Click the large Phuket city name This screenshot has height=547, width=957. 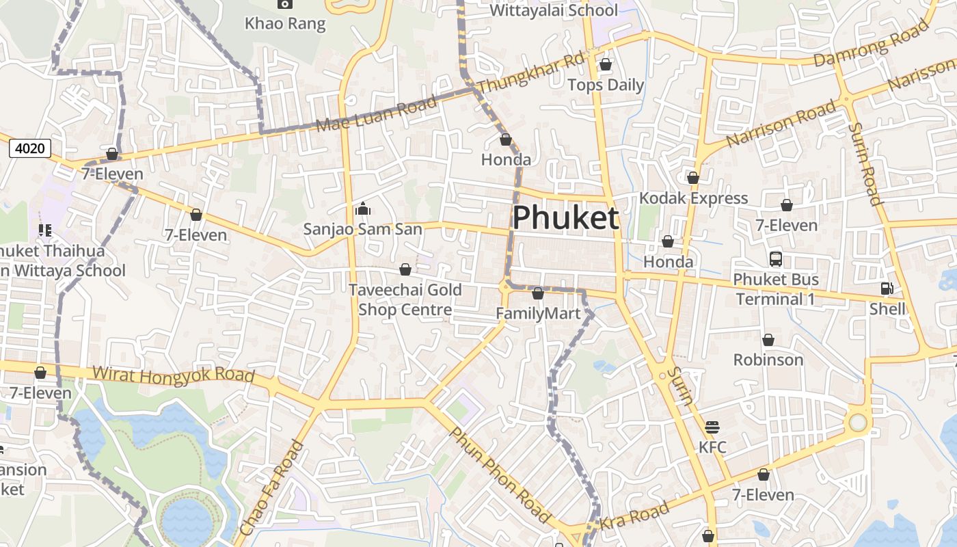coord(565,218)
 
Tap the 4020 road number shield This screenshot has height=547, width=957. coord(30,148)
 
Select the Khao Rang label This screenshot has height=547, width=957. coord(285,23)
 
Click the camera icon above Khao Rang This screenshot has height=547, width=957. coord(284,4)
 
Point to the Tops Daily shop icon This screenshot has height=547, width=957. coord(605,65)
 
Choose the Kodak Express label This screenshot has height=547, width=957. coord(693,198)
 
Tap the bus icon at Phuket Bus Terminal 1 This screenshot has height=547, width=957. coord(775,259)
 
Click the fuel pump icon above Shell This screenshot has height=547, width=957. coord(887,289)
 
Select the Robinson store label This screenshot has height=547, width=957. coord(768,360)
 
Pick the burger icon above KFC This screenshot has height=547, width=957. coord(712,428)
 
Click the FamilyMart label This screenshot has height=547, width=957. coord(537,314)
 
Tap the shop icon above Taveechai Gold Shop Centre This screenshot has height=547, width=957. coord(405,269)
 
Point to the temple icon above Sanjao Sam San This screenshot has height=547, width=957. coord(362,209)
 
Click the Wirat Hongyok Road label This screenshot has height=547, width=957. coord(173,375)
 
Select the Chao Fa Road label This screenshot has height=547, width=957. coord(271,488)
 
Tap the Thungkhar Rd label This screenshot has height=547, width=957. coord(531,74)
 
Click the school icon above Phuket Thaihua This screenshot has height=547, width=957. coord(45,230)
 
